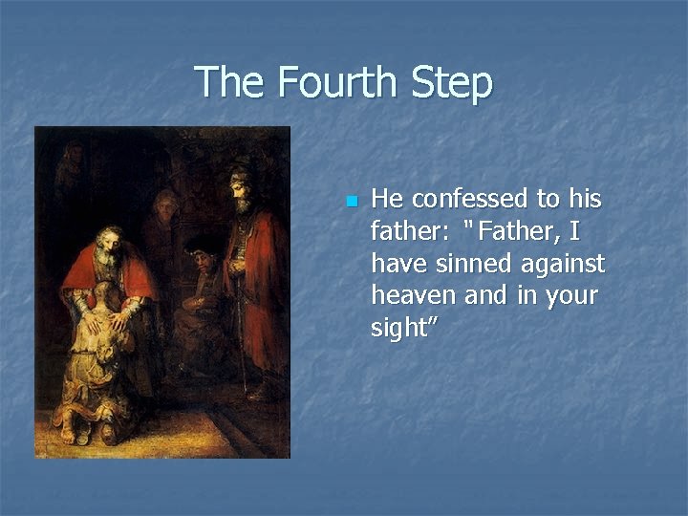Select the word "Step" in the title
(453, 84)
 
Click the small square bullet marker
(351, 201)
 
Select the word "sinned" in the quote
(462, 263)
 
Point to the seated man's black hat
(201, 243)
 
